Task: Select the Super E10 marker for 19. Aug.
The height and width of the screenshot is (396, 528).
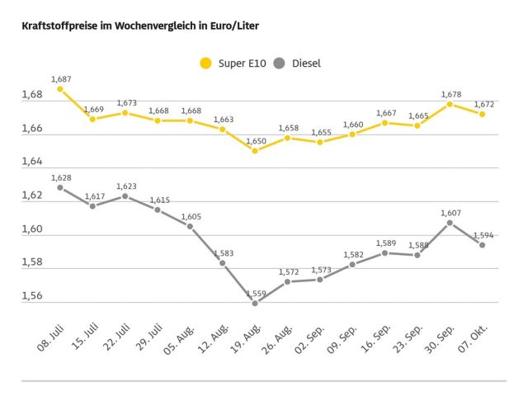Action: point(255,151)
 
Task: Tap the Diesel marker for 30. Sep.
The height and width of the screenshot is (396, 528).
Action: point(450,223)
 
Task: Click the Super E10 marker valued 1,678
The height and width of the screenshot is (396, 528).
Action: point(450,104)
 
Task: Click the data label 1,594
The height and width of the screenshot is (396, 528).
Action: point(483,235)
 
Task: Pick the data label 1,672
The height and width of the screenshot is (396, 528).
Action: point(483,105)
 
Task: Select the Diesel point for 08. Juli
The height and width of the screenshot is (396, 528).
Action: point(60,187)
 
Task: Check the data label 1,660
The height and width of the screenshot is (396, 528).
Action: point(353,125)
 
